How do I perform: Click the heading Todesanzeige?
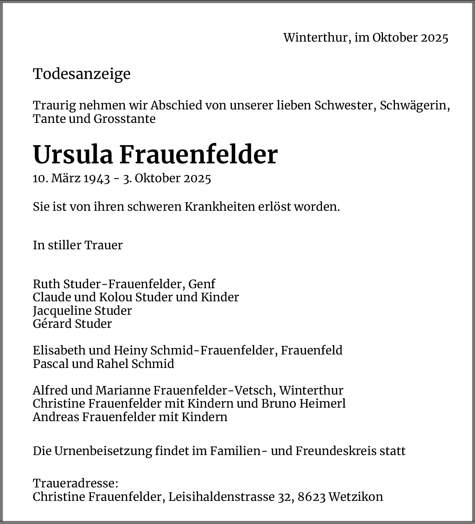pos(82,74)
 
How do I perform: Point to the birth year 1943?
pos(97,178)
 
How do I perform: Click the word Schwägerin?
pos(415,106)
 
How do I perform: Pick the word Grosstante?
pos(124,119)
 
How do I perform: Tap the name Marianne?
pos(123,391)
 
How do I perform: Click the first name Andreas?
pos(56,417)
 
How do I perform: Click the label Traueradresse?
pos(76,484)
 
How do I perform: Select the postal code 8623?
pos(312,497)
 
